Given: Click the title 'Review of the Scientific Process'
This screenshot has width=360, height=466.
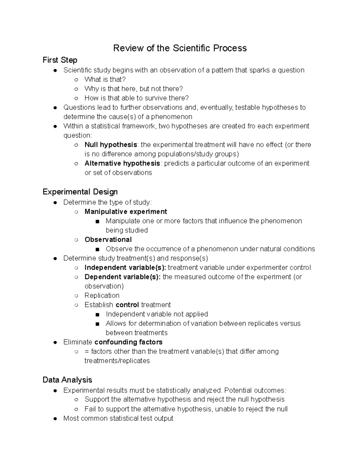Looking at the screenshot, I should tap(180, 48).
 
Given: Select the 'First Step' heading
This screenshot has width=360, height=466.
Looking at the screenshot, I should tap(60, 60).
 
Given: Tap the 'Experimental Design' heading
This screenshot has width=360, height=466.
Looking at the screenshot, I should tap(80, 192).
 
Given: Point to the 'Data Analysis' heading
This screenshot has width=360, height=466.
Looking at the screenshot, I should tap(67, 380).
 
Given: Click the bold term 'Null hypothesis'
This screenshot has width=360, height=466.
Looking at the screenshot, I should tap(111, 145).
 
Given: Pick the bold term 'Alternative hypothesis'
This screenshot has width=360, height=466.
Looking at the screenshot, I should tap(122, 163).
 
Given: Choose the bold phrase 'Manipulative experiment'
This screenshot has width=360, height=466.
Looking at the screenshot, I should tap(126, 212).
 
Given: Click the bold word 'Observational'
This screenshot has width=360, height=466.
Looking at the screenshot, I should tap(108, 239).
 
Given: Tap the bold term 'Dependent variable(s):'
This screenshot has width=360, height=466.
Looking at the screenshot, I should tap(122, 277).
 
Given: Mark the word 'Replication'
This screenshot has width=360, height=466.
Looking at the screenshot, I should tap(102, 295).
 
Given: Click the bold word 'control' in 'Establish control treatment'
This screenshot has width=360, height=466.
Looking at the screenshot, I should tap(127, 305).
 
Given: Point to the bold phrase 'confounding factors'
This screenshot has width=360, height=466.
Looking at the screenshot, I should tap(128, 342).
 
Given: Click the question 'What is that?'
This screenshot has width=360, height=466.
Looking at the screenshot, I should tap(105, 80).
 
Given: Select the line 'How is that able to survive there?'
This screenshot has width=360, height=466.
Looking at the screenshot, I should tap(136, 98).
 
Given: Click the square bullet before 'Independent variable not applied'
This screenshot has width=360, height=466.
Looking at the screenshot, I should tap(97, 314).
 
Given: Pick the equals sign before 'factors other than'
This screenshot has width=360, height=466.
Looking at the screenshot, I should tap(87, 351).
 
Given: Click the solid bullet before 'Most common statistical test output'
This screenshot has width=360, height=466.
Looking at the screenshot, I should tap(55, 419).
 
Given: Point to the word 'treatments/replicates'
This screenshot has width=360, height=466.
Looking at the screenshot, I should tap(117, 361).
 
